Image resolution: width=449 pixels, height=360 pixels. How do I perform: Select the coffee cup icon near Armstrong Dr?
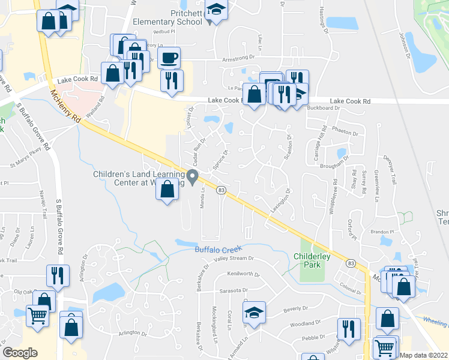point(169,58)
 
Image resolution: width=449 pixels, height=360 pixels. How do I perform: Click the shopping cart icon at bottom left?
point(37,314)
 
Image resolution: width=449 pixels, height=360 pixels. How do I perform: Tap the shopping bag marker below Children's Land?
point(167,190)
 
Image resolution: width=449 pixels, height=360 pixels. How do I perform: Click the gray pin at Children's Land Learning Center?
point(193,177)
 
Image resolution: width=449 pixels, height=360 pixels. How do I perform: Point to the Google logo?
point(20,353)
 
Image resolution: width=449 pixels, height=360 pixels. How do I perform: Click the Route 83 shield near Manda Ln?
point(222,190)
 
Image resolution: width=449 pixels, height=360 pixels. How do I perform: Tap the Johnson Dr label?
point(406,47)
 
